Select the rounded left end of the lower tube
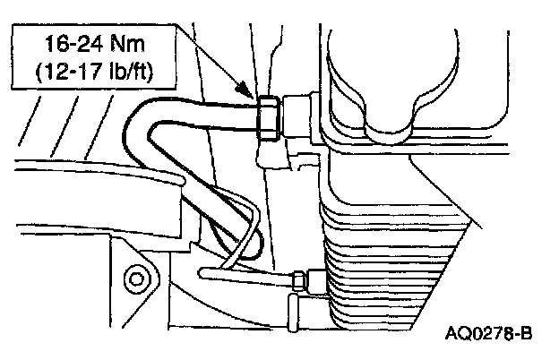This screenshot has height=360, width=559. point(205,269)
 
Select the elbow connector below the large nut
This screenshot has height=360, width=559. point(269,157)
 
